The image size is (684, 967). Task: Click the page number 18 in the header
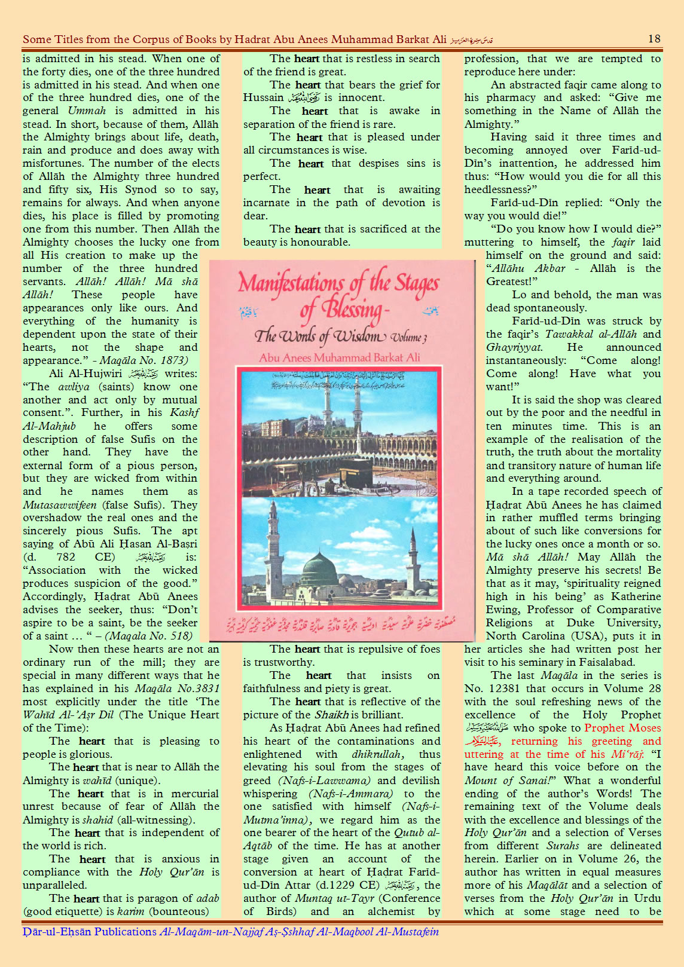(x=654, y=39)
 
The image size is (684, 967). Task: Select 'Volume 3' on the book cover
(x=408, y=338)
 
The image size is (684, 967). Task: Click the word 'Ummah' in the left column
(x=87, y=111)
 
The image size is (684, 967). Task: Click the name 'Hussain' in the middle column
(x=263, y=97)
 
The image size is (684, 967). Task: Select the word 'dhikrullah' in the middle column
(x=377, y=754)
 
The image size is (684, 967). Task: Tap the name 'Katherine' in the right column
(x=636, y=596)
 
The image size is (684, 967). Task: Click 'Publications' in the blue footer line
(x=126, y=932)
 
